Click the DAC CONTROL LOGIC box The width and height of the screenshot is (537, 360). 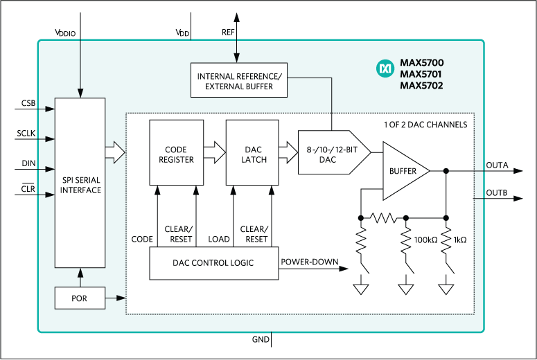point(213,263)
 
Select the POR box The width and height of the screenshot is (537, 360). point(80,298)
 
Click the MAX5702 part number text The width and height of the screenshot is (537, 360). point(421,86)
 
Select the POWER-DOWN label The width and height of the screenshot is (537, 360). point(309,262)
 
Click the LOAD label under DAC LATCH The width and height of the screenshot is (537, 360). point(219,239)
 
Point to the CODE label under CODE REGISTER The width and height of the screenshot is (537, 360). point(142,239)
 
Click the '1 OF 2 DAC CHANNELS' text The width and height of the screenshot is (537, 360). point(425,125)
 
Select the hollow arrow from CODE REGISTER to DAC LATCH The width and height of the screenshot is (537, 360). point(215,150)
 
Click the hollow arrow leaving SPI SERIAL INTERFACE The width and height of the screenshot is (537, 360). point(115,150)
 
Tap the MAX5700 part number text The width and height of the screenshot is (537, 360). point(421,63)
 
